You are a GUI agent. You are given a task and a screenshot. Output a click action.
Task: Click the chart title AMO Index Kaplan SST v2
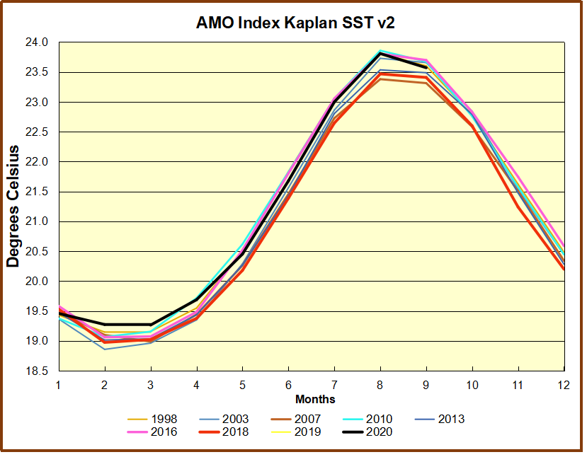point(295,23)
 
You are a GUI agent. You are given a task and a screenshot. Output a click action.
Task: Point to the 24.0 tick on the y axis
point(40,42)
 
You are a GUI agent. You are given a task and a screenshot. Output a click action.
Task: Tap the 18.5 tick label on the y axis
point(40,371)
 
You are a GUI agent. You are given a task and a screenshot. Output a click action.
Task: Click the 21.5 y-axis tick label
point(40,192)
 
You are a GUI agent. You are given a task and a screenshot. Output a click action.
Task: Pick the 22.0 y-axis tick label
point(40,162)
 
